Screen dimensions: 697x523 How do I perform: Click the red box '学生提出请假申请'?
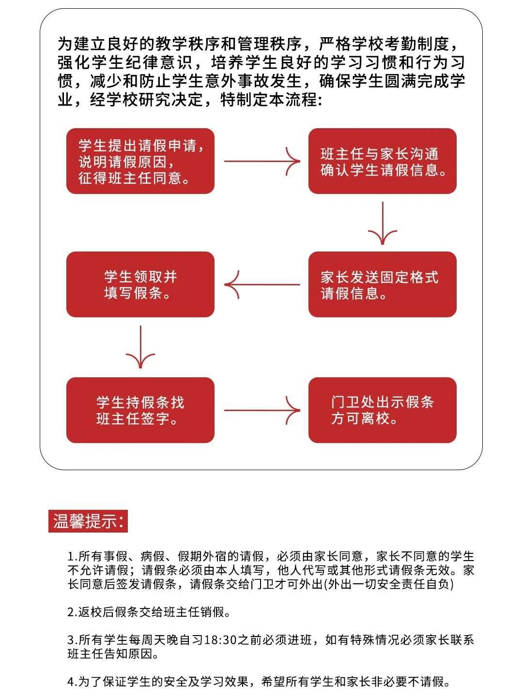(x=140, y=161)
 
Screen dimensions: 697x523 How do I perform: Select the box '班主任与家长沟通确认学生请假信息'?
(x=382, y=161)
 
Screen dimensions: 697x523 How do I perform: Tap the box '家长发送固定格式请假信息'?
(x=382, y=284)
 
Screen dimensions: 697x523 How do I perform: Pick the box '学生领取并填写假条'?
(x=140, y=284)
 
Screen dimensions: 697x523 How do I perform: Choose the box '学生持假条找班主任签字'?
(x=140, y=410)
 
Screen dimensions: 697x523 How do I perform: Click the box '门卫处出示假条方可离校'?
(x=382, y=410)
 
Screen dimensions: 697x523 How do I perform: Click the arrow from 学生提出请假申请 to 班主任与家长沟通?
(x=261, y=161)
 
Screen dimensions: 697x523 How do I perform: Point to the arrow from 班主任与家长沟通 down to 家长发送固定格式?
(x=383, y=223)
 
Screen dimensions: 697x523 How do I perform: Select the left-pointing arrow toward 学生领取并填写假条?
(x=261, y=284)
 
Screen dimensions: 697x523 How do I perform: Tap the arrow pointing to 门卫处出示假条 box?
(x=261, y=411)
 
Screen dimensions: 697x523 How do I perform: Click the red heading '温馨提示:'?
(x=88, y=521)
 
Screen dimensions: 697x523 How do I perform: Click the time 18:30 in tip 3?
(x=220, y=640)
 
